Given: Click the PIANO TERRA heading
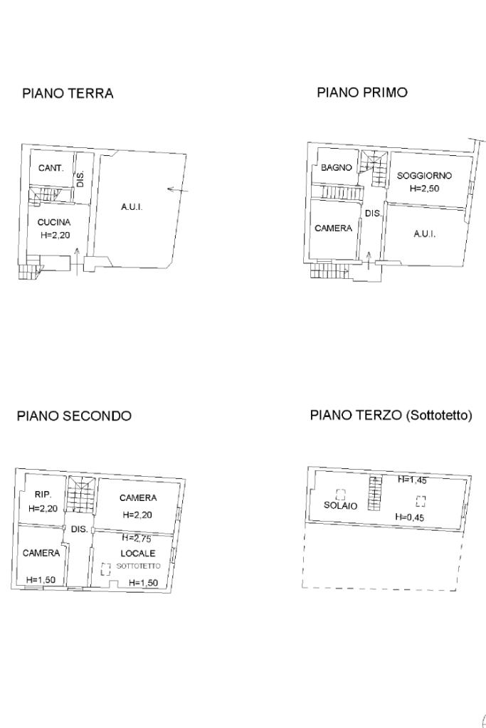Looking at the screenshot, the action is point(68,93).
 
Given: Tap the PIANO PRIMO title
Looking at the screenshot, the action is point(362,93).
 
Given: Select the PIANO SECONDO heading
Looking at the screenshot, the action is point(74,416).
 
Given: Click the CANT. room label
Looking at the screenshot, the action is point(51,169).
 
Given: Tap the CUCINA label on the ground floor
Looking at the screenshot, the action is point(54,222).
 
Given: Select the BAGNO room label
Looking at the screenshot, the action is point(337,168).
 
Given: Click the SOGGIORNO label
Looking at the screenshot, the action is point(424,176).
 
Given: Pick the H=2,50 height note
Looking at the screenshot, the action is point(425,189).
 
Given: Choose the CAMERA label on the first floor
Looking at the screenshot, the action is point(333,228).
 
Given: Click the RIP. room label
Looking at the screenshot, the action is point(42,495).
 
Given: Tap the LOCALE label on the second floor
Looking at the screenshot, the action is point(137,553).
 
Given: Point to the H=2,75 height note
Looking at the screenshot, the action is point(137,539).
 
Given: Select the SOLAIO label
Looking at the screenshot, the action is point(340,506).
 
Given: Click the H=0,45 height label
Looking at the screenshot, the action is point(409,518).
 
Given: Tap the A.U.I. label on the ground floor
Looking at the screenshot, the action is point(132,207).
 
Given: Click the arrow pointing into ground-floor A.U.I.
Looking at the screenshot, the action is point(178,190).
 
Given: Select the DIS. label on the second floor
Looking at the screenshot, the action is point(79,529).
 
